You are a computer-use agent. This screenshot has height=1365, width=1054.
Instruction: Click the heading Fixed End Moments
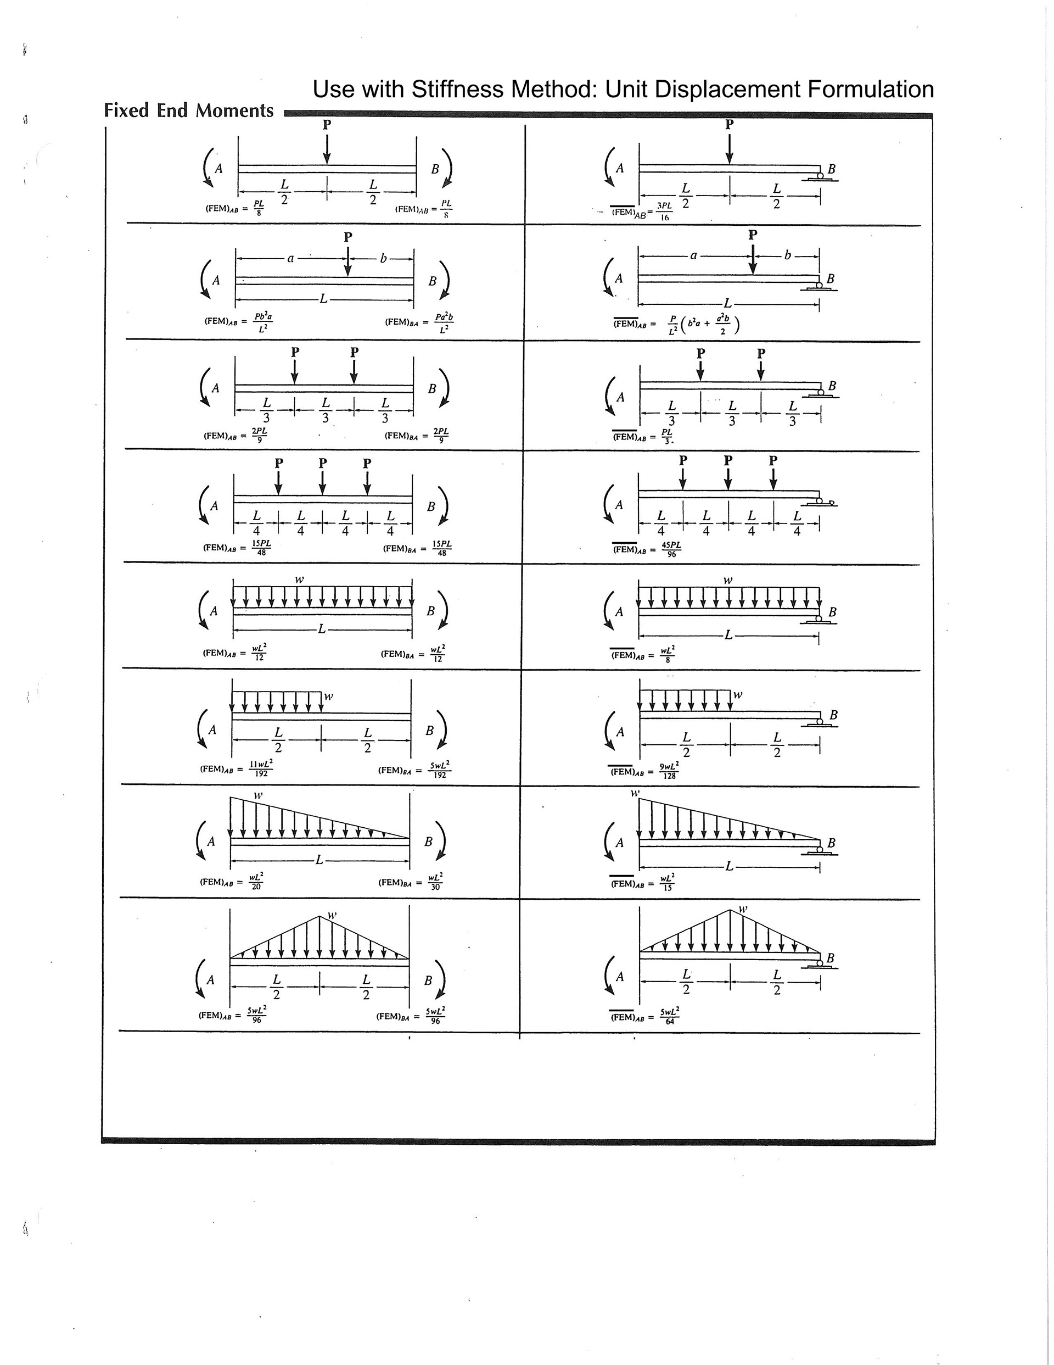tap(189, 110)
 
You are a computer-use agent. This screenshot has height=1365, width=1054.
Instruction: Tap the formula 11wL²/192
tap(261, 768)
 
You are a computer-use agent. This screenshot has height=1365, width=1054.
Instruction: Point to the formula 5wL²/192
tap(439, 770)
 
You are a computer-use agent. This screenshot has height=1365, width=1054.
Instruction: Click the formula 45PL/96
tap(671, 549)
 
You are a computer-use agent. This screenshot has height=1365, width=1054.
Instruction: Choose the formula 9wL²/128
tap(669, 770)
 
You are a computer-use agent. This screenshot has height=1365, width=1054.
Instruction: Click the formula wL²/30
tap(435, 881)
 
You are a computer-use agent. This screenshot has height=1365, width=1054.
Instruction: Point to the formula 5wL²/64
tap(669, 1016)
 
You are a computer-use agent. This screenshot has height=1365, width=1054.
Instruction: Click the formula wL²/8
tap(668, 654)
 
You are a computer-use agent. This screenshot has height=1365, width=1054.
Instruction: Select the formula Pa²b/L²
tap(444, 322)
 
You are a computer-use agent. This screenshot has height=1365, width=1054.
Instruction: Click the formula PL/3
tap(668, 436)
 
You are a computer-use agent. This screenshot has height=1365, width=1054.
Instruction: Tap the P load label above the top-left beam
tap(327, 124)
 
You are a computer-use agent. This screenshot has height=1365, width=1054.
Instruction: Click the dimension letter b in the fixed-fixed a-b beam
tap(384, 258)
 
